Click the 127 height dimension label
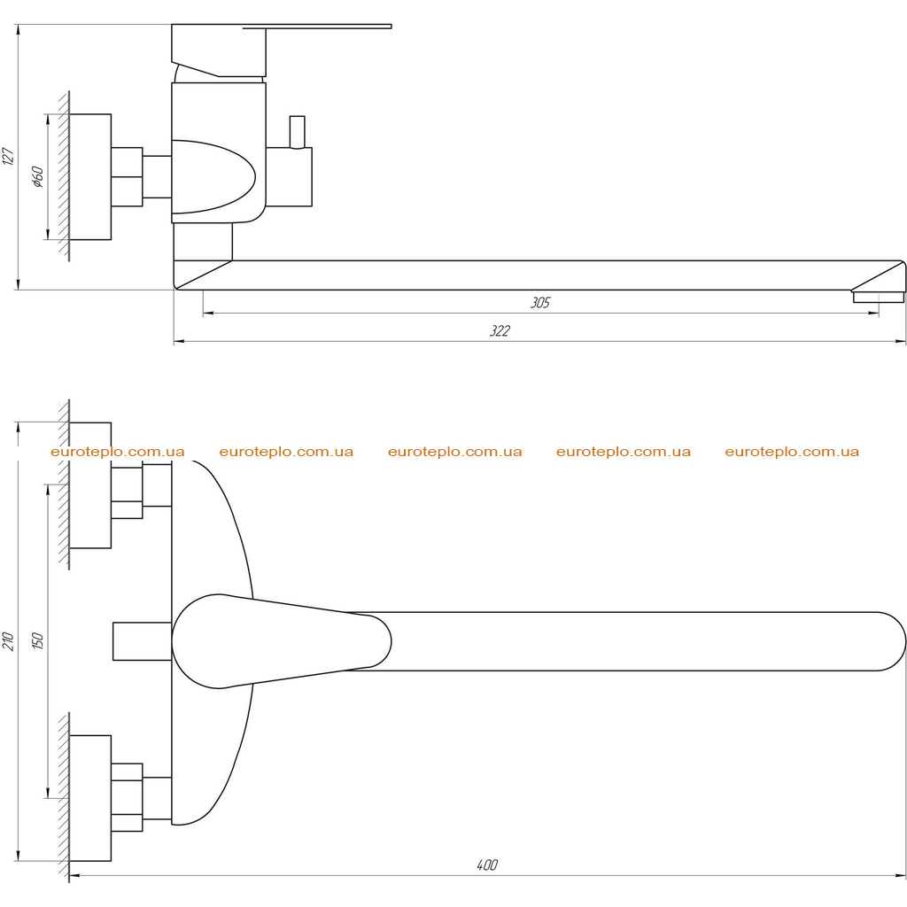click(8, 156)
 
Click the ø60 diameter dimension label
click(37, 177)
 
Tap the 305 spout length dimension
click(540, 303)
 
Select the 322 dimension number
click(500, 331)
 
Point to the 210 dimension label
click(8, 641)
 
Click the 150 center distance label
click(37, 641)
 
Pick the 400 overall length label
click(487, 864)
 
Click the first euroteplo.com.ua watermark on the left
click(118, 452)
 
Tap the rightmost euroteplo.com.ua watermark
click(792, 452)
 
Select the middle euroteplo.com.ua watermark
click(454, 452)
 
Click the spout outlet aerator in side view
click(878, 297)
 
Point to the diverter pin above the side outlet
click(298, 132)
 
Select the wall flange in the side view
click(90, 177)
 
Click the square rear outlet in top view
click(143, 641)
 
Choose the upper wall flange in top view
click(90, 485)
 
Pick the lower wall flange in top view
click(90, 798)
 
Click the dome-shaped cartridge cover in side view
click(214, 177)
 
